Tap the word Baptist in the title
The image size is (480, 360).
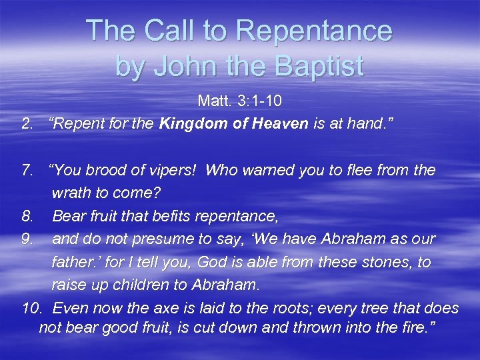(x=315, y=65)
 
